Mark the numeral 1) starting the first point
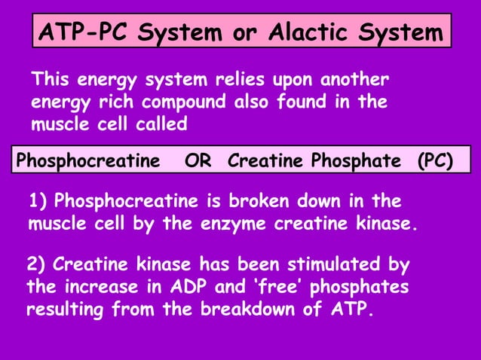[x=38, y=202]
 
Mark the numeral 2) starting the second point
[x=35, y=265]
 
